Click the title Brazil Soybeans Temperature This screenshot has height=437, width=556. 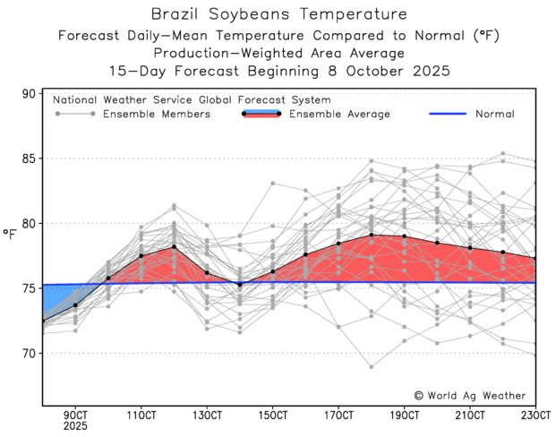click(x=278, y=14)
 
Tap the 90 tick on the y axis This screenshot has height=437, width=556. click(x=28, y=93)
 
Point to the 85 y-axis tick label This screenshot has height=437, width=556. click(x=28, y=159)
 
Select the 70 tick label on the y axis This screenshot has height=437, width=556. click(x=28, y=353)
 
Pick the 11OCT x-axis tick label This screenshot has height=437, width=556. click(x=141, y=416)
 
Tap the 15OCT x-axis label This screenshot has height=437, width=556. click(x=273, y=416)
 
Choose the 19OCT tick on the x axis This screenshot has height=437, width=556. click(x=405, y=416)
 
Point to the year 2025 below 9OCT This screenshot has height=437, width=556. click(x=75, y=427)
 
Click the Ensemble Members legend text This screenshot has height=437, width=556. click(x=157, y=115)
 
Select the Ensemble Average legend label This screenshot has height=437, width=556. click(x=341, y=115)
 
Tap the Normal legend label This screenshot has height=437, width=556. click(x=494, y=115)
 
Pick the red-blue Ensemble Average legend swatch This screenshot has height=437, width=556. click(x=261, y=114)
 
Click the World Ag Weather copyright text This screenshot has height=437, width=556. click(x=469, y=395)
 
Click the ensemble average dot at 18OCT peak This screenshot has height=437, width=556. click(x=372, y=235)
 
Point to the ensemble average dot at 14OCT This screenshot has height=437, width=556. click(x=240, y=284)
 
